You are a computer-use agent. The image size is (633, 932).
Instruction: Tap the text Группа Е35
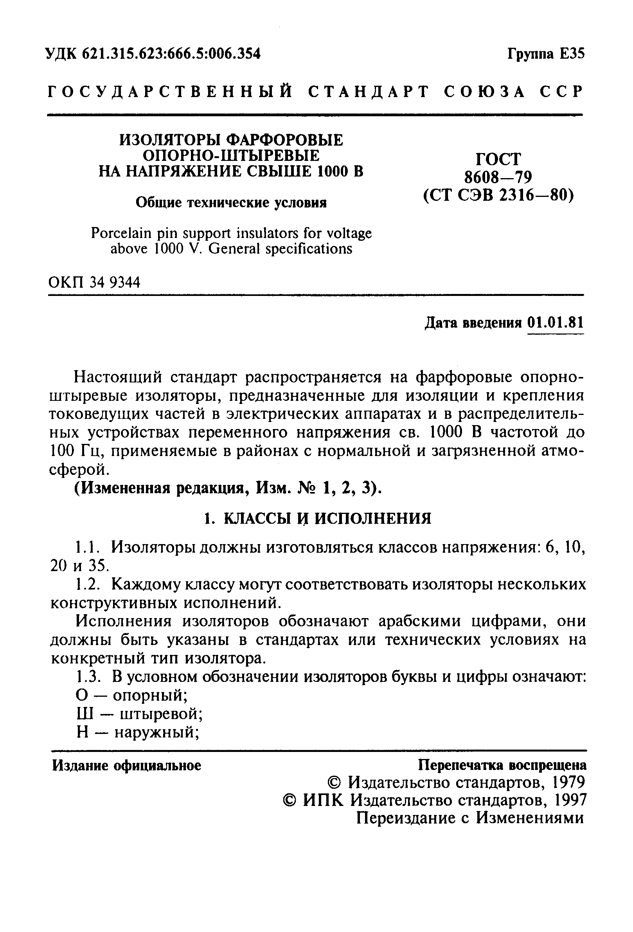(546, 53)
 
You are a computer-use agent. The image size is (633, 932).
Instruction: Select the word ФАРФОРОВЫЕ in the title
(285, 140)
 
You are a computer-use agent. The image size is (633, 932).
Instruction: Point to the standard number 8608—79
(498, 177)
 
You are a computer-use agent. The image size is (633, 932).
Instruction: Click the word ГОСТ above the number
(498, 159)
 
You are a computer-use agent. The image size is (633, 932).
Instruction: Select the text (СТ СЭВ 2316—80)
(499, 195)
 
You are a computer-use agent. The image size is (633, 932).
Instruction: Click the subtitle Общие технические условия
(231, 203)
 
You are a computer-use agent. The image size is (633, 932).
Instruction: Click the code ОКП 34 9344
(95, 283)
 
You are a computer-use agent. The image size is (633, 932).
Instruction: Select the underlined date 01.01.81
(555, 323)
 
